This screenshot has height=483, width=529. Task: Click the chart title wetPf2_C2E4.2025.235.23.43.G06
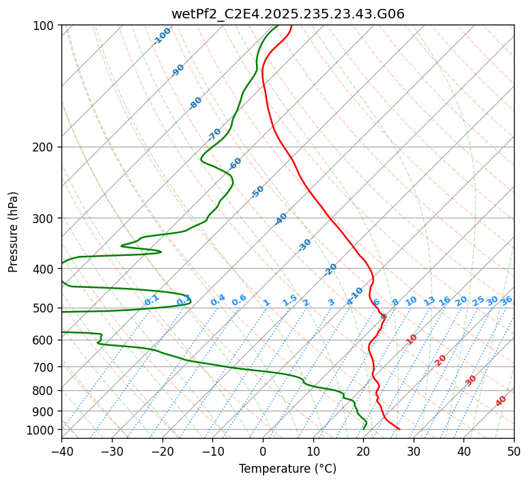(x=287, y=14)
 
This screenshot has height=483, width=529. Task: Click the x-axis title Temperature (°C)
(x=287, y=469)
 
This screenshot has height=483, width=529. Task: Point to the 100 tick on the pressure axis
(x=44, y=26)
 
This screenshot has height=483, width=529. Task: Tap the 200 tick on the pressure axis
(x=44, y=147)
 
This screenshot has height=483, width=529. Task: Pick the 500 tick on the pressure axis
(x=44, y=308)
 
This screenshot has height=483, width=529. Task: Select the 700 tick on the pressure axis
(x=44, y=367)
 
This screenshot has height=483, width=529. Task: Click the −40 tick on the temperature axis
(x=61, y=451)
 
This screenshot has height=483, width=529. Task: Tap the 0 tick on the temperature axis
(x=263, y=451)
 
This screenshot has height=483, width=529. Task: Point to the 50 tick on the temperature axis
(x=514, y=451)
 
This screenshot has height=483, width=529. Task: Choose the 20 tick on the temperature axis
(x=363, y=451)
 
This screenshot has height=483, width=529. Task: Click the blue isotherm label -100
(x=162, y=36)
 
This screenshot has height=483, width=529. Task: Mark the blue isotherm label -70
(x=214, y=134)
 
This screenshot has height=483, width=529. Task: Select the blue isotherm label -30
(x=304, y=245)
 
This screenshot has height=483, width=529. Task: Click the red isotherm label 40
(x=501, y=401)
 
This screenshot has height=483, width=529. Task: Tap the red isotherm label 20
(x=441, y=360)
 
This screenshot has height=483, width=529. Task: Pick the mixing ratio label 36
(x=506, y=301)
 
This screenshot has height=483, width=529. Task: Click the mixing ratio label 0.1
(x=152, y=299)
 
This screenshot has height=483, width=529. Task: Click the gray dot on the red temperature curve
(x=384, y=317)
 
